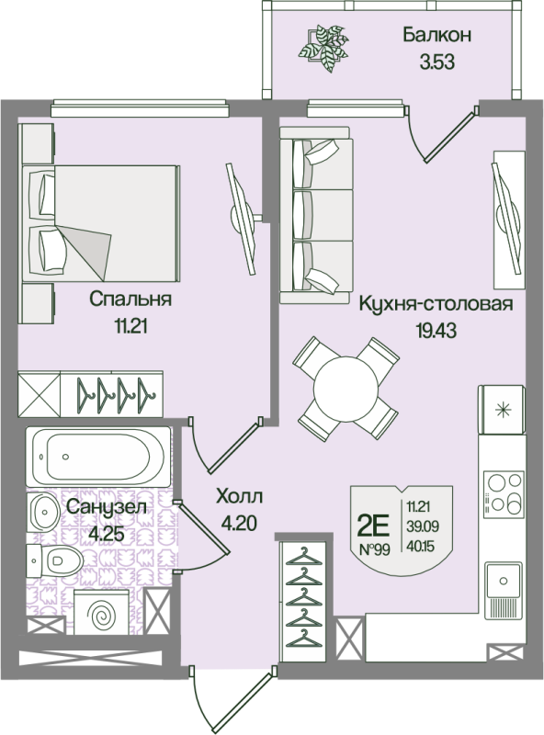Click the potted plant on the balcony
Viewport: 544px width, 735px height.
[x=323, y=49]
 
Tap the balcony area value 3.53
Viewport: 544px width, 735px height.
[x=437, y=62]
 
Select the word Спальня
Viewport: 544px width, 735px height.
[x=130, y=299]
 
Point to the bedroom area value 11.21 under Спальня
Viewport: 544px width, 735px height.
[x=130, y=326]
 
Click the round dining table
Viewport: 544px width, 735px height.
[x=346, y=389]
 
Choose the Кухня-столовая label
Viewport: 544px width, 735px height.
[x=436, y=304]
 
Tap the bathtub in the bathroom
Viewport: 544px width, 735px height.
[x=98, y=456]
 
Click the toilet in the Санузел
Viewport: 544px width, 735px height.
[x=54, y=560]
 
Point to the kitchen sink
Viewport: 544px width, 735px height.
[x=504, y=582]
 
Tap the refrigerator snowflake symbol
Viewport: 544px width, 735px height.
[x=504, y=410]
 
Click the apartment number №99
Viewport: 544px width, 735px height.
[x=374, y=549]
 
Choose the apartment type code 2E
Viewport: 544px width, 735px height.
[x=373, y=526]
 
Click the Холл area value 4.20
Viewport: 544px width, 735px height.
[x=239, y=523]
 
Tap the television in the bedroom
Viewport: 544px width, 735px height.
[x=243, y=219]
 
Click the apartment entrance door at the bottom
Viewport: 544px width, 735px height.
[x=232, y=701]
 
